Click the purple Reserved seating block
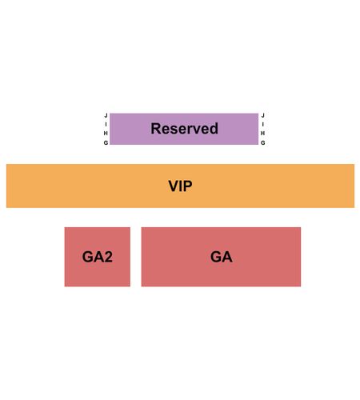pos(184,129)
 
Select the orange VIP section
pos(180,186)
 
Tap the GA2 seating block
pos(98,257)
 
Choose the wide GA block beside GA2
pos(221,257)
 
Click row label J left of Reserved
pos(106,115)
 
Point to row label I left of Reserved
pos(106,124)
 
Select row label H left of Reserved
pos(106,133)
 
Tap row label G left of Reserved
pos(106,142)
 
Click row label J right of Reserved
pos(262,115)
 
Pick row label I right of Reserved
pos(262,124)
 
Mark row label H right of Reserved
pos(262,133)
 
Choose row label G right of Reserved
pos(262,142)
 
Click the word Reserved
pos(185,129)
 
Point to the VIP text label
pos(180,186)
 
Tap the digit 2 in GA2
pos(108,257)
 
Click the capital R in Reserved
pos(156,129)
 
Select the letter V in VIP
pos(174,186)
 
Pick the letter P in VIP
pos(188,186)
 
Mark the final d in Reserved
pos(214,129)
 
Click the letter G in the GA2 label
pos(87,257)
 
